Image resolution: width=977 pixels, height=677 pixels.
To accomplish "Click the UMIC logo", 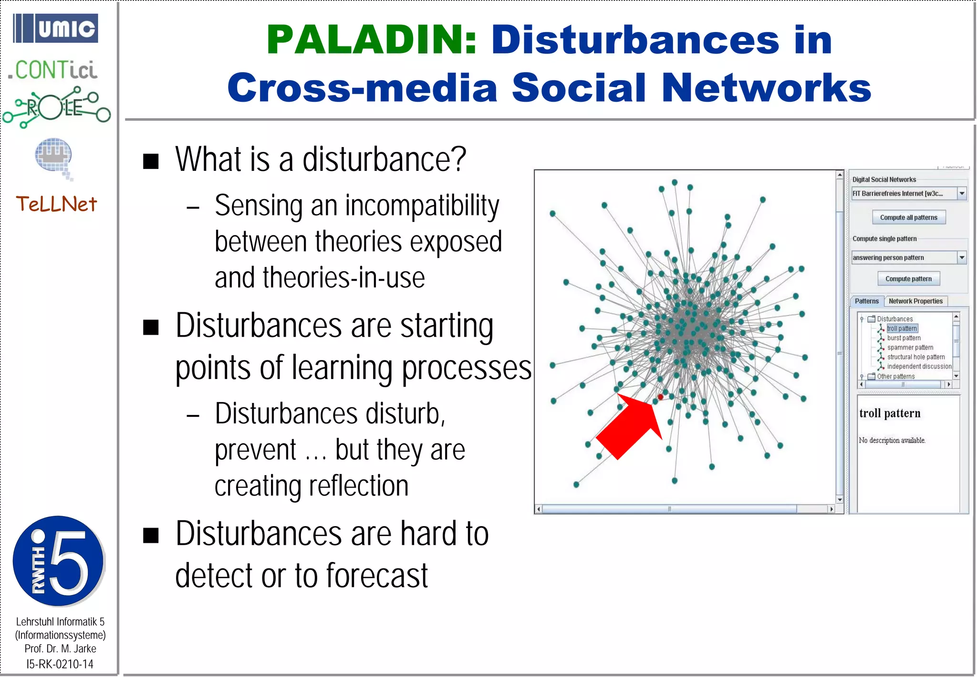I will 56,29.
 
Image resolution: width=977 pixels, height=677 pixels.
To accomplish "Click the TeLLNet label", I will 56,204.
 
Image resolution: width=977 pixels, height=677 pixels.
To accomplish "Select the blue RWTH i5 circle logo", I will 58,561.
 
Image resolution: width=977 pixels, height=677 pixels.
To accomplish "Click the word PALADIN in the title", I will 371,40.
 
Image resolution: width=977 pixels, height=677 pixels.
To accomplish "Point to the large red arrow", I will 629,424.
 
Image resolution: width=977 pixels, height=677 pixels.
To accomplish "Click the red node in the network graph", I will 660,397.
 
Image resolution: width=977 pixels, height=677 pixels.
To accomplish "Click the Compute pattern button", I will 908,279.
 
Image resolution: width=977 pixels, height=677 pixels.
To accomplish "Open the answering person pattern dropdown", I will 962,257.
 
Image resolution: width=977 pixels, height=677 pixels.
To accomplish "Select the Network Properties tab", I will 915,301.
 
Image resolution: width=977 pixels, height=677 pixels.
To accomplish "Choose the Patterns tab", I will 866,301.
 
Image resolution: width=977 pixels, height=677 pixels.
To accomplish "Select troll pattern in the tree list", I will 902,328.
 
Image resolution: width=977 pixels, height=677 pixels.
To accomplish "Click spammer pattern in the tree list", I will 910,348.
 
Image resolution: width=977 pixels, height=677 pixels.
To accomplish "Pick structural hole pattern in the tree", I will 915,357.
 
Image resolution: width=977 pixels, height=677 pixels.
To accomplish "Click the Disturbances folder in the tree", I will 894,319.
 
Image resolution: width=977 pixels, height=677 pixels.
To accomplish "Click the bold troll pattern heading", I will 890,413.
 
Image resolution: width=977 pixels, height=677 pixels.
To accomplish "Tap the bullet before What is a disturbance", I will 151,161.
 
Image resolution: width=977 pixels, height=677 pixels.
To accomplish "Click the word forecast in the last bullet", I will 377,576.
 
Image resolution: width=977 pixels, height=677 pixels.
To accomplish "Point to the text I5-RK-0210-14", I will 60,664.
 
